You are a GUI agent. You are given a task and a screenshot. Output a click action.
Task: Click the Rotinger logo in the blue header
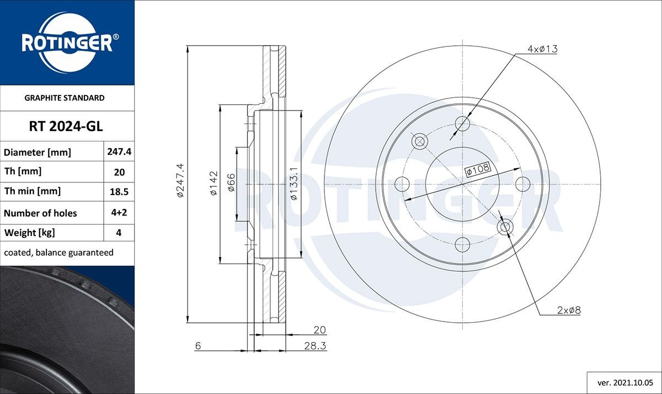[x=67, y=43]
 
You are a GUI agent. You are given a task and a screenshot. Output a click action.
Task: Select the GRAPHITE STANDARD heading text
[x=65, y=98]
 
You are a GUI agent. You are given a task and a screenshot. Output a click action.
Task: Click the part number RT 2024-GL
[x=66, y=127]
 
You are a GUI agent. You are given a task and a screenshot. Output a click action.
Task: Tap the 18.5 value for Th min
[x=119, y=192]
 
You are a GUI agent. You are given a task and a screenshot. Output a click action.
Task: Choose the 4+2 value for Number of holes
[x=119, y=213]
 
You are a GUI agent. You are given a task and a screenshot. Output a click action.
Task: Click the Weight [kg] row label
[x=29, y=233]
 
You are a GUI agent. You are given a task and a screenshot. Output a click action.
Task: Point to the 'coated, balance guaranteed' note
[x=58, y=253]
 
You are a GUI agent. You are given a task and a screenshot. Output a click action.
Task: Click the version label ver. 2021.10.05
[x=624, y=382]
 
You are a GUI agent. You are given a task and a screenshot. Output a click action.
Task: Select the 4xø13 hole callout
[x=542, y=49]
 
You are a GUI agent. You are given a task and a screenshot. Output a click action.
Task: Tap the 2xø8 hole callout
[x=569, y=311]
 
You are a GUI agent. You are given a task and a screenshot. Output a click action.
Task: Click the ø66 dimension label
[x=231, y=183]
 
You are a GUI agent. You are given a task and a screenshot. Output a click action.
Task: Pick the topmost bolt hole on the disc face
[x=462, y=123]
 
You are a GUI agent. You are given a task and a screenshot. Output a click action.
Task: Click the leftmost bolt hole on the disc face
[x=402, y=183]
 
